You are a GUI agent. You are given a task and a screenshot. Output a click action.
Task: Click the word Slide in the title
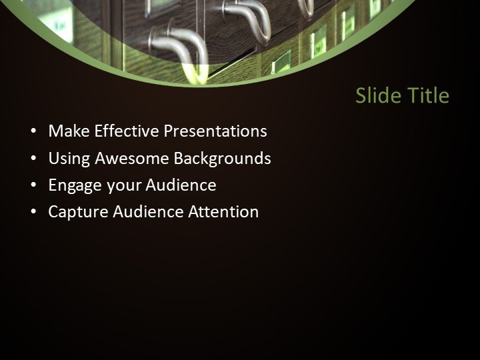pos(374,96)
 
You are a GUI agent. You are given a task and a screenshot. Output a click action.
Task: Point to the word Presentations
pos(215,131)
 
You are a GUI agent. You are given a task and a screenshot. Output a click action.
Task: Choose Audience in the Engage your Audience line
pos(181,185)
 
